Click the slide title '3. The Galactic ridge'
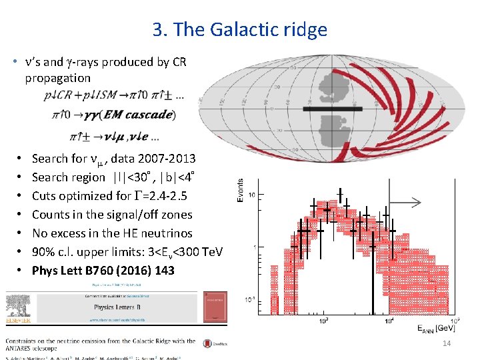tap(239, 30)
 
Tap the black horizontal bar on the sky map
tap(333, 108)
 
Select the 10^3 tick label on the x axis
tap(325, 321)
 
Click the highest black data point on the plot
tap(340, 195)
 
